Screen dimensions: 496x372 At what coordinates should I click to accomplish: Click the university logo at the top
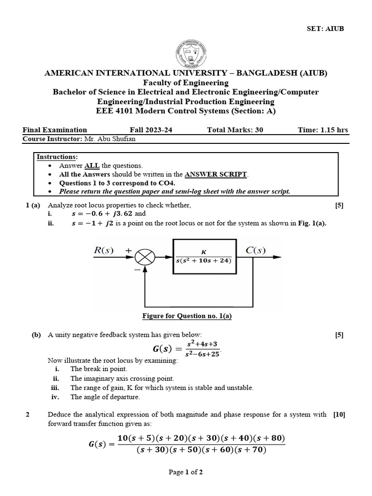(186, 53)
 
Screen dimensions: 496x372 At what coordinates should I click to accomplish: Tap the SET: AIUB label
(326, 29)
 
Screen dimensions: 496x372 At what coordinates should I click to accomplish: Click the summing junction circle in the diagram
(145, 256)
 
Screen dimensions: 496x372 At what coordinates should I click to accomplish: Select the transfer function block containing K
(204, 256)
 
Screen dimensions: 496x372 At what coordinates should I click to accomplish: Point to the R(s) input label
(103, 250)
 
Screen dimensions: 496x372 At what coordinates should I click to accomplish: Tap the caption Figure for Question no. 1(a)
(187, 316)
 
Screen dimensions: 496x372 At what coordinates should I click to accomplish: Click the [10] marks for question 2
(339, 415)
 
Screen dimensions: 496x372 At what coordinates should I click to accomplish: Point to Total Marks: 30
(235, 130)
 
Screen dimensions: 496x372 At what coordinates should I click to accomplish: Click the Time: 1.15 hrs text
(323, 130)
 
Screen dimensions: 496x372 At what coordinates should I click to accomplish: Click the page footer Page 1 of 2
(186, 473)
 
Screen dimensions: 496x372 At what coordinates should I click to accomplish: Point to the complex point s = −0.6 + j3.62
(101, 214)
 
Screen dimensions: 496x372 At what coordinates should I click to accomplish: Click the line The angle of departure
(105, 397)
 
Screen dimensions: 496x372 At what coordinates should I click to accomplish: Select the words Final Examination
(55, 130)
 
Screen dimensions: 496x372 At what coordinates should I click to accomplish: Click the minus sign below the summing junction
(138, 267)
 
